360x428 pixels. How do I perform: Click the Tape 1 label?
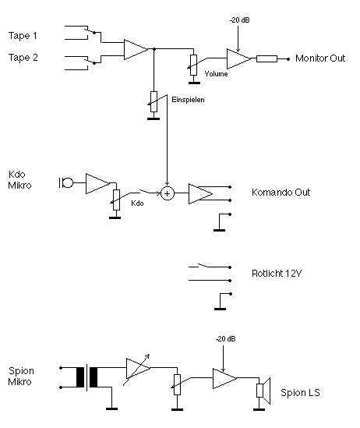[23, 36]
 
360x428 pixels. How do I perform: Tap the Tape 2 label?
[23, 58]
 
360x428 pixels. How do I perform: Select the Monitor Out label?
[320, 58]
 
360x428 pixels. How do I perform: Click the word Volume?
[216, 74]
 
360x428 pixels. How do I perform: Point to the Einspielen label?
[188, 100]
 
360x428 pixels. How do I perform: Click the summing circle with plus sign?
[168, 193]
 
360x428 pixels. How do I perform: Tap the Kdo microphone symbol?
[66, 182]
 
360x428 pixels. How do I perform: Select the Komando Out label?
[281, 192]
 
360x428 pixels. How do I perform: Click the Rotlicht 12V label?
[277, 273]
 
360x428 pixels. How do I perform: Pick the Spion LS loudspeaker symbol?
[263, 391]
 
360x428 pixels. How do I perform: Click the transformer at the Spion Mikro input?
[86, 377]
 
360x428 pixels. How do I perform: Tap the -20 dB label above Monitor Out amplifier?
[239, 20]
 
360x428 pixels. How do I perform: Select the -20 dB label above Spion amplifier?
[225, 339]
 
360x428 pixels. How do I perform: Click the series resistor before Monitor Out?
[266, 58]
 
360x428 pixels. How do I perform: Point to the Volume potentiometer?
[193, 65]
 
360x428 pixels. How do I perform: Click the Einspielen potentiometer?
[154, 101]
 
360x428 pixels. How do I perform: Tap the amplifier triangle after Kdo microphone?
[97, 183]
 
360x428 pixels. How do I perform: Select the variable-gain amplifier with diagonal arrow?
[138, 369]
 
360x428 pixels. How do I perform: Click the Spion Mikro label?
[21, 376]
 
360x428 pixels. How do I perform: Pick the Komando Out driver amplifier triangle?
[200, 193]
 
